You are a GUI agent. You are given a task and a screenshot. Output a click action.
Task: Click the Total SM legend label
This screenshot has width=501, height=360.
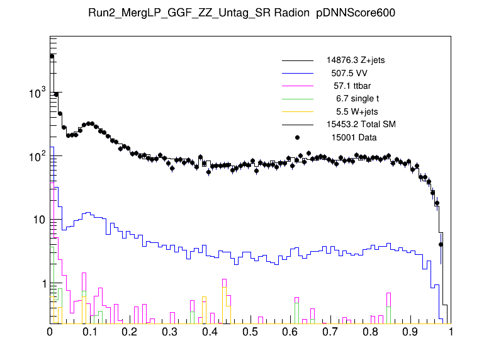(360, 123)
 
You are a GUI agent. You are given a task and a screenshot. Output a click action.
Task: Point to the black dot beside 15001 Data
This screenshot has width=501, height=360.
(297, 136)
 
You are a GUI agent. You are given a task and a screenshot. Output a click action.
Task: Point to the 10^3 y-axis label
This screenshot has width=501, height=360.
(37, 93)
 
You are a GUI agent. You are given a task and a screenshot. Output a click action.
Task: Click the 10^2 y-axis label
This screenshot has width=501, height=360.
(37, 157)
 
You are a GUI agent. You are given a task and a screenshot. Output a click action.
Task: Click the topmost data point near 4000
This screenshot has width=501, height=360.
(52, 56)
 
